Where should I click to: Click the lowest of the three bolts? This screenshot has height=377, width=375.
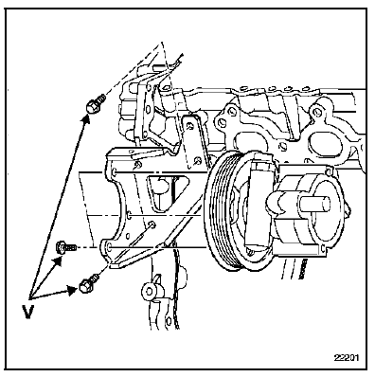pos(90,279)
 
